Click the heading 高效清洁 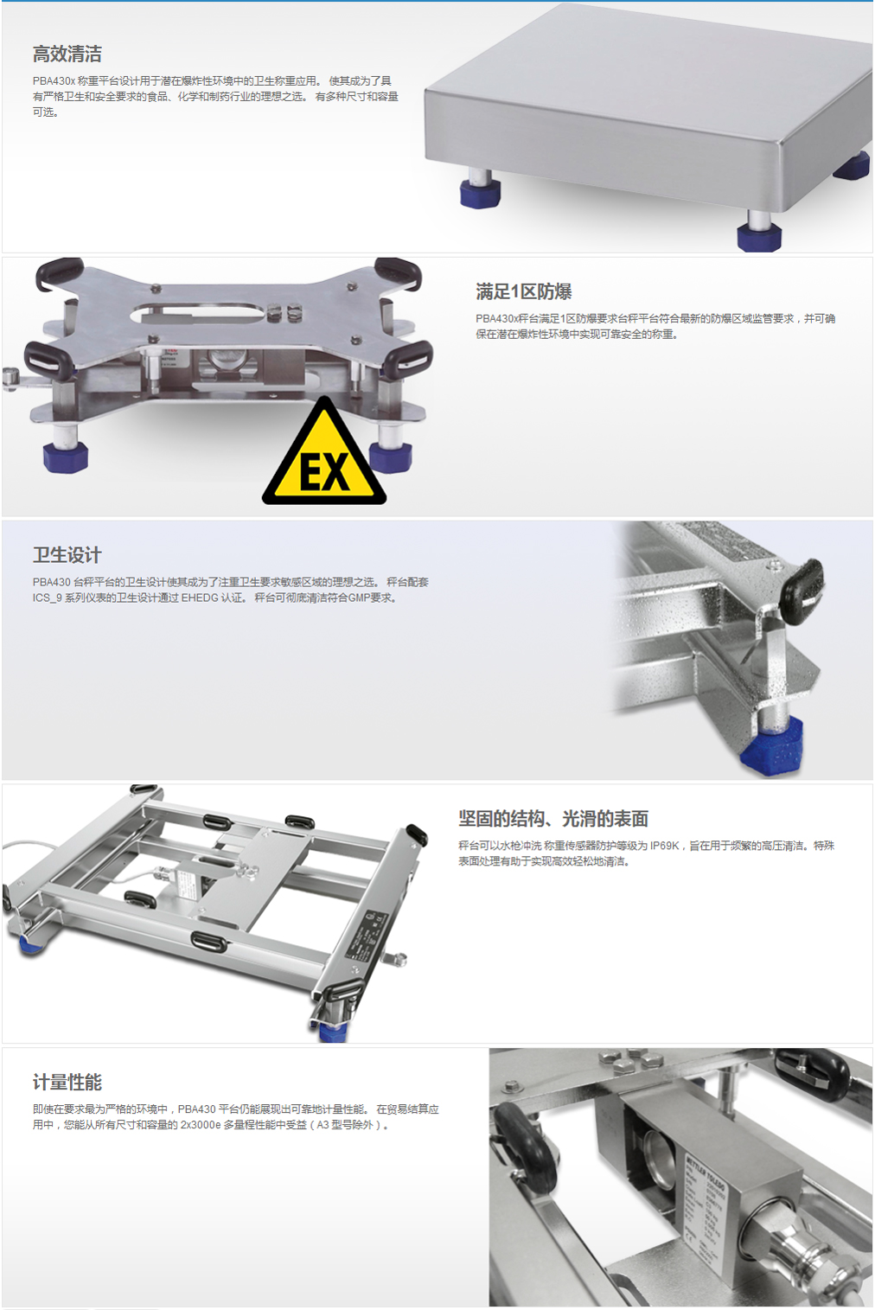(67, 54)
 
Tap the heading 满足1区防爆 (523, 291)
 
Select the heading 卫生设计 (67, 555)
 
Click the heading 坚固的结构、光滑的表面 (553, 819)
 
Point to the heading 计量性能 (67, 1083)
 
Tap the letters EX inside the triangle (325, 472)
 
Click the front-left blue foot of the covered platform (480, 194)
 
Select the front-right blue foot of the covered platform (758, 237)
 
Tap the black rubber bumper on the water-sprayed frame (802, 583)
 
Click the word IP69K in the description (664, 846)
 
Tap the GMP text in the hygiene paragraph (359, 597)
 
